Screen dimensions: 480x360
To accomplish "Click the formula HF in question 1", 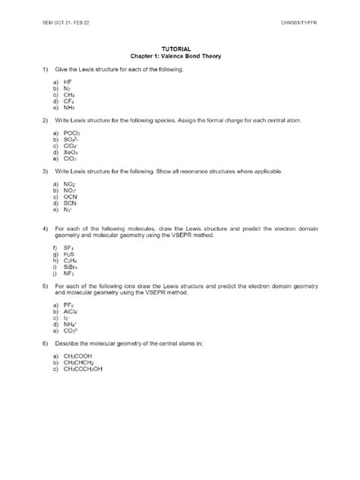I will [68, 81].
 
